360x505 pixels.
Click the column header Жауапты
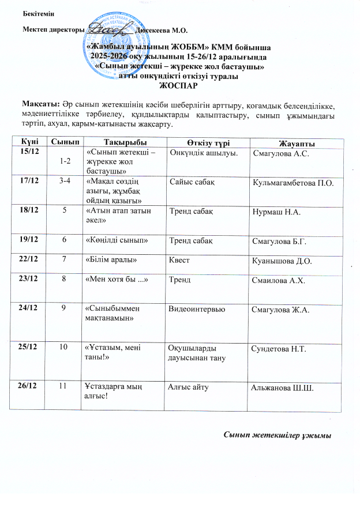[x=296, y=143]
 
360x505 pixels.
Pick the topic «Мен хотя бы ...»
[x=113, y=280]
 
